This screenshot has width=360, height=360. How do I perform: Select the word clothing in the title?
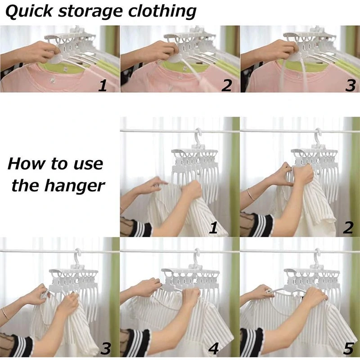[162, 12]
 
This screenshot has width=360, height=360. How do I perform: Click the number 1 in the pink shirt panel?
[103, 85]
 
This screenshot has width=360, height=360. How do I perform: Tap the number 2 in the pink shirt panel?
[227, 85]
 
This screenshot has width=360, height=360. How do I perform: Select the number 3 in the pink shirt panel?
[350, 85]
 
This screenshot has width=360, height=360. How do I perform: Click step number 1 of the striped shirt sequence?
[213, 228]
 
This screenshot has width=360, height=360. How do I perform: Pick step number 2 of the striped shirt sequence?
[348, 228]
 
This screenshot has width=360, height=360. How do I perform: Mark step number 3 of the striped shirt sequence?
[106, 348]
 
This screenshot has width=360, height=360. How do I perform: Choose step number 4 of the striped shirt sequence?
[213, 348]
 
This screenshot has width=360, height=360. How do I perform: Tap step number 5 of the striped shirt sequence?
[348, 348]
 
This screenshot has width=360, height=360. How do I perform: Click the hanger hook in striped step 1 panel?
[198, 136]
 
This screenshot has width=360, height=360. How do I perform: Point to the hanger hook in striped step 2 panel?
[318, 136]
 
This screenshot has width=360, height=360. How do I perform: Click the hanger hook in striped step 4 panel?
[197, 256]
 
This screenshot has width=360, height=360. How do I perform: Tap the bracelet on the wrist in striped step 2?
[251, 194]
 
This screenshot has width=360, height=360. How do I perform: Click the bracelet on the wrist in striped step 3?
[5, 313]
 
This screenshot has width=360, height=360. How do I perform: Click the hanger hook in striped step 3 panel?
[77, 256]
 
